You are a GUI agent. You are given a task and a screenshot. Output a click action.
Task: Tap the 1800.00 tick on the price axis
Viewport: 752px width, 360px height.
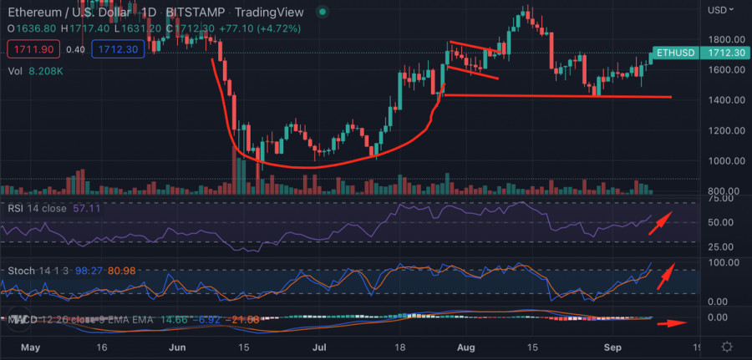click(x=725, y=39)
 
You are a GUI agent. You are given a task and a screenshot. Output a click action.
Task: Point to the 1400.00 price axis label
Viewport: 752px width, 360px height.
click(x=725, y=100)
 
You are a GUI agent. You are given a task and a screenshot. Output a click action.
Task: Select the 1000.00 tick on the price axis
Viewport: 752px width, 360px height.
click(x=725, y=161)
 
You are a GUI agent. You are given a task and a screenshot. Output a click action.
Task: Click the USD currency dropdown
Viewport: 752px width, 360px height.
click(x=721, y=10)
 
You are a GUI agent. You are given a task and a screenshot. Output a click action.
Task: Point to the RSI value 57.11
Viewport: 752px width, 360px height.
click(x=86, y=207)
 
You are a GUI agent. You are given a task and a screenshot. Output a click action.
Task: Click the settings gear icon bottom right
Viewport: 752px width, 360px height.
click(x=727, y=347)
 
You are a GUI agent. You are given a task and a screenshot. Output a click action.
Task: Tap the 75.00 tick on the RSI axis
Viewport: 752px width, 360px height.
click(x=721, y=199)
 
